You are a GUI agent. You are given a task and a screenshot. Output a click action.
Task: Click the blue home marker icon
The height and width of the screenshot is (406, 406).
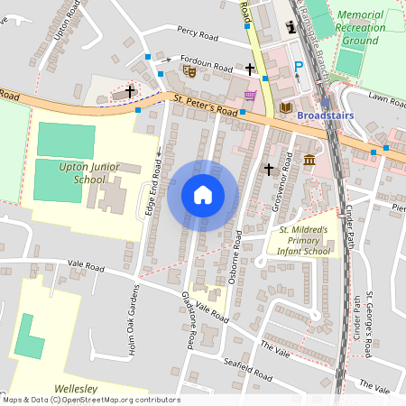[203, 195]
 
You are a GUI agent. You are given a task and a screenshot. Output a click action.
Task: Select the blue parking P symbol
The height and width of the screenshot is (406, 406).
[299, 66]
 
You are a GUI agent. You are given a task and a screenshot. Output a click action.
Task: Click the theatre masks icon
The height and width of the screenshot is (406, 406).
[189, 69]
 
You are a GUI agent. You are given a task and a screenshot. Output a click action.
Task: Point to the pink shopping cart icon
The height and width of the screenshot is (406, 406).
[250, 96]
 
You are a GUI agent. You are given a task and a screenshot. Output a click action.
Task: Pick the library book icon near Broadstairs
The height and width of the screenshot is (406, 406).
[286, 108]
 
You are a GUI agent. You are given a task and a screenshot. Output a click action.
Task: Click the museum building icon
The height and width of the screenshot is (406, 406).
[309, 161]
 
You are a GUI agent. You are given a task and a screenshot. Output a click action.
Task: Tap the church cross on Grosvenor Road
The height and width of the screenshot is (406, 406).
[268, 169]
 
